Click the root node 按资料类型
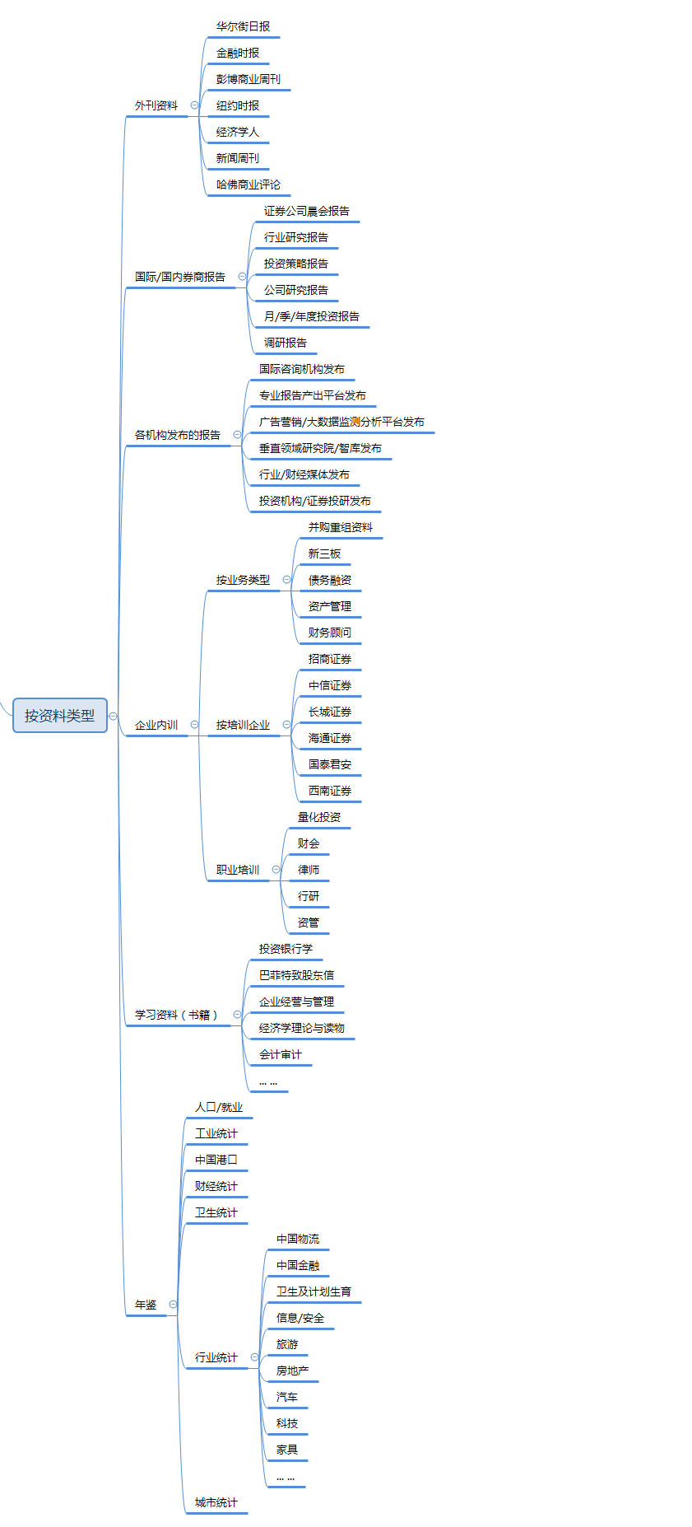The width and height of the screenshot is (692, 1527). coord(60,716)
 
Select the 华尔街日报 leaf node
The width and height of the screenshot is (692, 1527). coord(243,27)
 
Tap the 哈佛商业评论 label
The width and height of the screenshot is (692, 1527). coord(248,185)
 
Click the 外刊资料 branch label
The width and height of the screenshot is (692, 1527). coord(156,106)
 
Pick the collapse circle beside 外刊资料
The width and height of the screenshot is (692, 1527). coord(194,105)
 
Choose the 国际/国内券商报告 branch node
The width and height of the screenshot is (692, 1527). coord(179,278)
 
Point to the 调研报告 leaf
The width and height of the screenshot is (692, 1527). coord(285,343)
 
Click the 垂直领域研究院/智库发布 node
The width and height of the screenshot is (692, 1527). coord(320,449)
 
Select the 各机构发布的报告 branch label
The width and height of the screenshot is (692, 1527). coord(177,436)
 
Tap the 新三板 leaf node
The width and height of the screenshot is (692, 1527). coord(324,554)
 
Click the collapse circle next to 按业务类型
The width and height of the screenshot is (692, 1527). coord(286,580)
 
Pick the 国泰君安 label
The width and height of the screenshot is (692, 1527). coord(329,765)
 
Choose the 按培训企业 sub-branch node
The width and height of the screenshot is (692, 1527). coord(243,726)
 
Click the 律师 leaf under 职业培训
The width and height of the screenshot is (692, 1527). coord(309,871)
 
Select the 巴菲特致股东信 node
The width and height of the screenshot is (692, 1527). coord(296,976)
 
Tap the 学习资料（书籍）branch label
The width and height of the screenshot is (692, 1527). coord(176,1016)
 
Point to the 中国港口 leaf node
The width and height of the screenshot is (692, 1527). coord(216,1160)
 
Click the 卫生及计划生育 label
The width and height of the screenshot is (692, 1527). coord(313,1292)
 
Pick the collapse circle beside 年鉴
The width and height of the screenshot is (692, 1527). coord(173,1305)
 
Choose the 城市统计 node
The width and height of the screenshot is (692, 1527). coord(216,1503)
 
